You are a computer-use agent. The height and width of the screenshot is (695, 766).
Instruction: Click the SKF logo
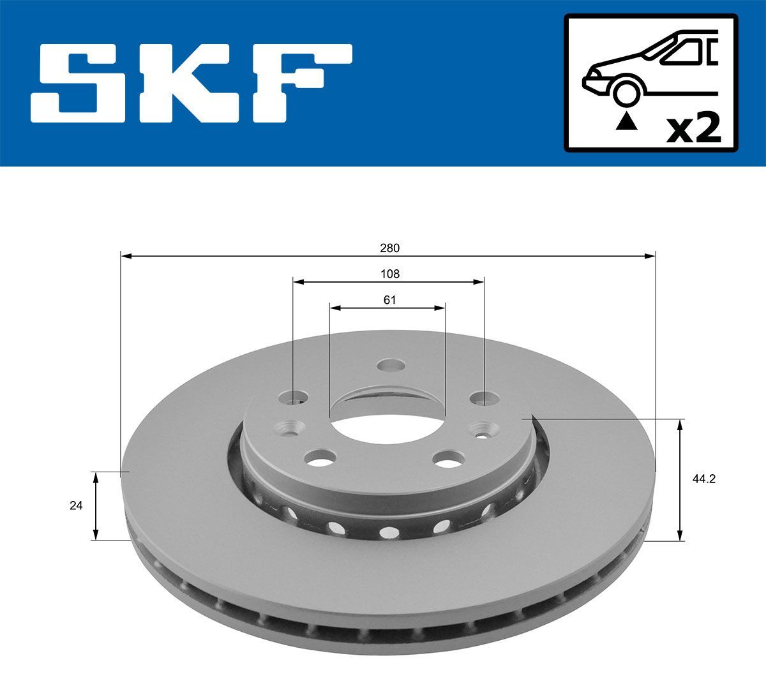pyautogui.click(x=191, y=83)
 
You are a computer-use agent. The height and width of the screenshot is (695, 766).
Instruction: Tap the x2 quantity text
pyautogui.click(x=693, y=128)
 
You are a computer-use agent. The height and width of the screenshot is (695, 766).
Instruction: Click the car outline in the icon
pyautogui.click(x=651, y=64)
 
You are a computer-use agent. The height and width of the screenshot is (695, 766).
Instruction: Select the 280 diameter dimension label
pyautogui.click(x=389, y=248)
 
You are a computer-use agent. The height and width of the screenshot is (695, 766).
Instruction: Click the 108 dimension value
pyautogui.click(x=389, y=274)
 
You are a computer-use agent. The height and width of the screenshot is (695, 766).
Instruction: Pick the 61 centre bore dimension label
pyautogui.click(x=389, y=300)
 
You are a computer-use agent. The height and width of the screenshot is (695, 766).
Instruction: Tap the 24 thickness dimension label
pyautogui.click(x=76, y=505)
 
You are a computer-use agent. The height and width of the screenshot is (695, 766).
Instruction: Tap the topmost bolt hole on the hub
pyautogui.click(x=391, y=366)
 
